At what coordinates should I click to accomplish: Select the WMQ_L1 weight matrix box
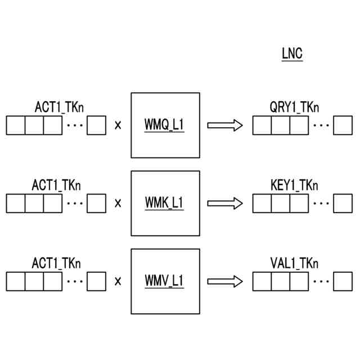(x=165, y=125)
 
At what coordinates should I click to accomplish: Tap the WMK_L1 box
(x=165, y=203)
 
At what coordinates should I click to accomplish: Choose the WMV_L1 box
(x=165, y=281)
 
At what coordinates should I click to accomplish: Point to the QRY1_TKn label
(x=294, y=107)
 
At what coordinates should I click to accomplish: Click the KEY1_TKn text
(x=294, y=185)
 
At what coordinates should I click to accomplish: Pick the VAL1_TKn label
(x=294, y=263)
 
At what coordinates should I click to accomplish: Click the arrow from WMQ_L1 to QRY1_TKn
(x=225, y=125)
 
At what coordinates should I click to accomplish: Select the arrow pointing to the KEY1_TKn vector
(x=225, y=203)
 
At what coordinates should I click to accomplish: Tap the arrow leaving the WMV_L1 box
(x=225, y=281)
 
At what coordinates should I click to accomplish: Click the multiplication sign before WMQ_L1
(x=118, y=125)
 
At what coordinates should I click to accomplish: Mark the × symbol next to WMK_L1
(x=118, y=203)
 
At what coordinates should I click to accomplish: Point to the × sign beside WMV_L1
(x=118, y=281)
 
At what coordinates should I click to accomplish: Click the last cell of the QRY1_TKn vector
(x=343, y=125)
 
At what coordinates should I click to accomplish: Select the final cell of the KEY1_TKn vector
(x=343, y=203)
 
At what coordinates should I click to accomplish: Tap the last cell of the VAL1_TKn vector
(x=343, y=281)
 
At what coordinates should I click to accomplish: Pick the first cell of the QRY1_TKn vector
(x=262, y=125)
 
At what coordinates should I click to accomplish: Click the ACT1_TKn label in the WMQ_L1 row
(x=60, y=107)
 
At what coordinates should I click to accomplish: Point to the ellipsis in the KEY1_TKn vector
(x=321, y=202)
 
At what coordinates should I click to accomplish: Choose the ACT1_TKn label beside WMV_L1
(x=56, y=263)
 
